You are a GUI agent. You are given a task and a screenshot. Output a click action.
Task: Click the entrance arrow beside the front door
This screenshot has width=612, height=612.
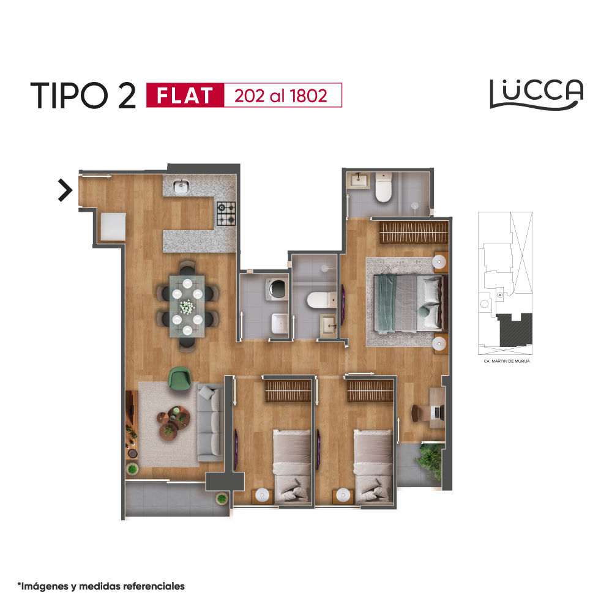point(65,190)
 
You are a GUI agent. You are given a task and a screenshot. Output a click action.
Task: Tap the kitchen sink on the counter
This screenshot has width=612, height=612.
point(181,186)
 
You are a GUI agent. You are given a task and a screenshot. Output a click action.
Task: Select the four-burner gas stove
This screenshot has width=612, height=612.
point(226,214)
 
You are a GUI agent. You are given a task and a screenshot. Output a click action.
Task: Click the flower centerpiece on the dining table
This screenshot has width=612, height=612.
point(187,307)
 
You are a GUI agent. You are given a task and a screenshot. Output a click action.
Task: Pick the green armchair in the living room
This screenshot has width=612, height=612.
point(179,378)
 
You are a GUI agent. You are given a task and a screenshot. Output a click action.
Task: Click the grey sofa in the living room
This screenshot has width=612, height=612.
point(211,423)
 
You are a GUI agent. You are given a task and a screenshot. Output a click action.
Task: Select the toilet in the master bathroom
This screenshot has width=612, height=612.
point(383,188)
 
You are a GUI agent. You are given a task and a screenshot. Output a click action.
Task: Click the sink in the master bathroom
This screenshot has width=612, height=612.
point(358,181)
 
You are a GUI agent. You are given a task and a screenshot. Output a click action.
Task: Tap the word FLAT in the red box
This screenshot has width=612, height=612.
point(185,95)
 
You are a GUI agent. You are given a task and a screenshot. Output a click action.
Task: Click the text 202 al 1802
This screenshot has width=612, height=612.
point(281,96)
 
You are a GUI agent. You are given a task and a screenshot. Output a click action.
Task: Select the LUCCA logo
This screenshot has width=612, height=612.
point(537,94)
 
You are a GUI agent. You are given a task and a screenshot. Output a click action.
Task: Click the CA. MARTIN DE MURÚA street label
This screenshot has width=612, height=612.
point(507,362)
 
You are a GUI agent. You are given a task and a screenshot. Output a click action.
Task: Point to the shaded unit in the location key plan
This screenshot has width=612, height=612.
point(515,329)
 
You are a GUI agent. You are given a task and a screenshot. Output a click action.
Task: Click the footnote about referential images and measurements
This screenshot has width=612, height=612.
point(101,586)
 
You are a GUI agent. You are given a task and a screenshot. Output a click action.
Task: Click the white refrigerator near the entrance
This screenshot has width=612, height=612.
point(113,226)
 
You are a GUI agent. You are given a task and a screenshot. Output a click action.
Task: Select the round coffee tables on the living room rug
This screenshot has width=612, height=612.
point(173,421)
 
